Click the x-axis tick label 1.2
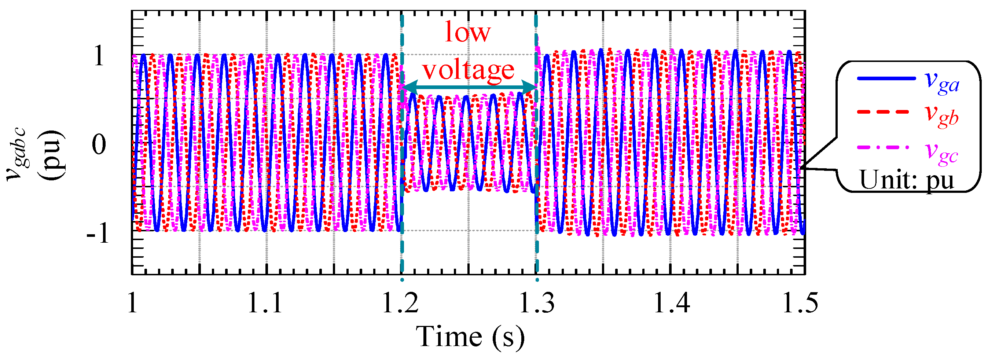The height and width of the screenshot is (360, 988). point(401,303)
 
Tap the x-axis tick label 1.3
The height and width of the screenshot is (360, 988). point(536,303)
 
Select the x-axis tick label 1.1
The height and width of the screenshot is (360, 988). point(265,303)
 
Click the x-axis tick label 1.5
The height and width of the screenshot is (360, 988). point(800,303)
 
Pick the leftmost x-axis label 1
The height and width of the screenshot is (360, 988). point(133,303)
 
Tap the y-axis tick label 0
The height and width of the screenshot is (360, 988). point(99,145)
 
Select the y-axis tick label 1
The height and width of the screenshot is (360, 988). point(99,57)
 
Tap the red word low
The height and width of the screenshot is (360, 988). point(467,32)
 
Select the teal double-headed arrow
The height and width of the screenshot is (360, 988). point(469,88)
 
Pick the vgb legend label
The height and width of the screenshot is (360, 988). point(942,115)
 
